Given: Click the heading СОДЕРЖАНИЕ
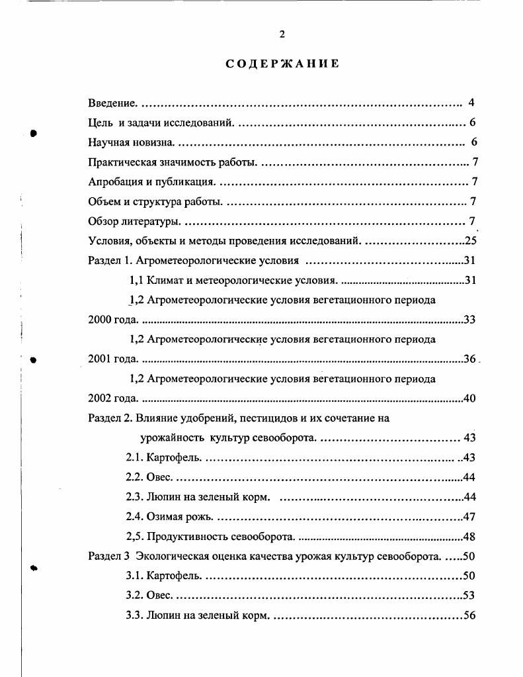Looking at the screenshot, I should (282, 64).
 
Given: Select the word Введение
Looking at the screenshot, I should (113, 103).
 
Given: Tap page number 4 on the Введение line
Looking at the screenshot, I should (471, 103).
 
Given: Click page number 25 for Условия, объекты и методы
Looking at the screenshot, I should (470, 241).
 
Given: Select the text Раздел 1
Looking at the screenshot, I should (110, 261).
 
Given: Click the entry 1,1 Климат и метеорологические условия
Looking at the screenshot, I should (235, 281).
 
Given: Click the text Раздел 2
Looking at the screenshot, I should (110, 418).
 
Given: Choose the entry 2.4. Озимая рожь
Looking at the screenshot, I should (171, 517).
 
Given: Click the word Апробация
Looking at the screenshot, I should (116, 182).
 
